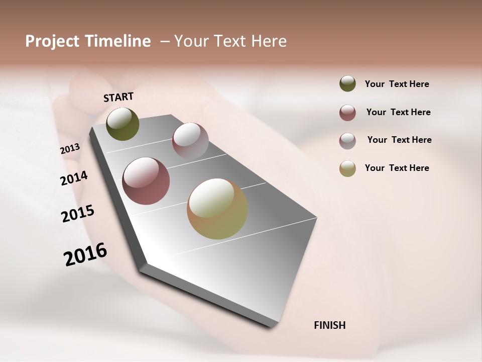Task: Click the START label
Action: (118, 97)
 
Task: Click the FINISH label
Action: (329, 325)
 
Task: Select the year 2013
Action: (70, 149)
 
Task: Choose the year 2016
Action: (85, 254)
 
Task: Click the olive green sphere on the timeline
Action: (123, 124)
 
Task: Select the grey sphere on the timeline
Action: (190, 140)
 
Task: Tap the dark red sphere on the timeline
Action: (146, 181)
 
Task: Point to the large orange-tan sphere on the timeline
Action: (217, 209)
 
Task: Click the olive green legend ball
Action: (347, 84)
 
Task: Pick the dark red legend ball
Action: (347, 113)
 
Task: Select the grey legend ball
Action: (347, 141)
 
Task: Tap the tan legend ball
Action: (347, 168)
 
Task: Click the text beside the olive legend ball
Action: (397, 84)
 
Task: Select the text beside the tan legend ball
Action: (397, 168)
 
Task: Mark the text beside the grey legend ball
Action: (399, 140)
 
